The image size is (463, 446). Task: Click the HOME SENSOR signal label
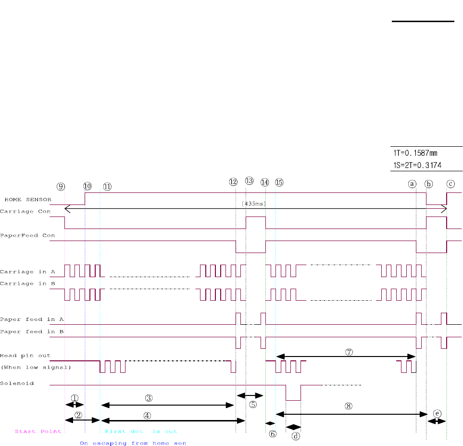coord(28,199)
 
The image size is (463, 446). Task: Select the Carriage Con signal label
coord(27,211)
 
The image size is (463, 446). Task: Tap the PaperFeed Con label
coord(27,235)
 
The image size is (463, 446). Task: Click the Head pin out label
coord(25,356)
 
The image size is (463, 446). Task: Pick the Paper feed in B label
coord(26,331)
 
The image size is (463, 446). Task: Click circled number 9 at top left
coord(60,187)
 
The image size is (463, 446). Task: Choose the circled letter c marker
coord(450,183)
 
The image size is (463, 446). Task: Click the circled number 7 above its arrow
coord(349,352)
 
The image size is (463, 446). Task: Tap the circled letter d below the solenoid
coord(296,436)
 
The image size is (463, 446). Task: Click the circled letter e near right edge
coord(437,413)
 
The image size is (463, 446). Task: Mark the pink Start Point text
coord(38,431)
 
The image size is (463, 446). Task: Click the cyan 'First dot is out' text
coord(141,431)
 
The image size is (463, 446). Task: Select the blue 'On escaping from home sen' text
coord(133,443)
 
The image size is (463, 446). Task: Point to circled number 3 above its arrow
coord(149,398)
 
